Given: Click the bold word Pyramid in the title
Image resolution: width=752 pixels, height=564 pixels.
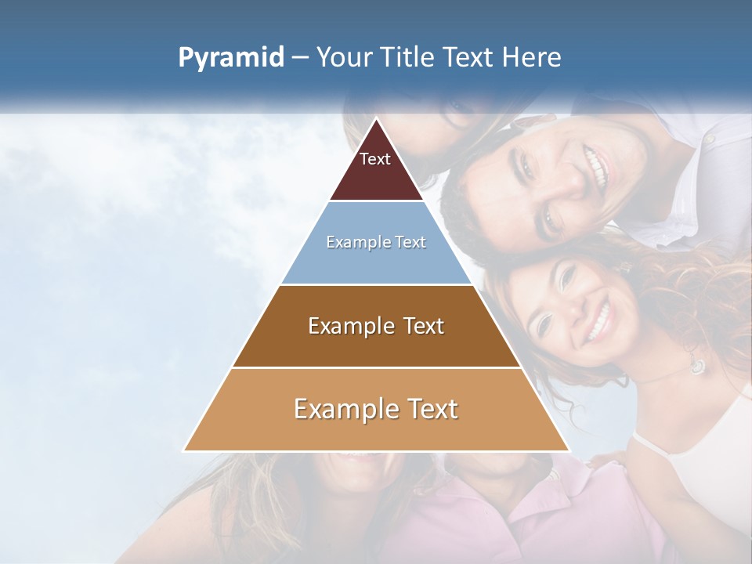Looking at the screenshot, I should click(x=230, y=57).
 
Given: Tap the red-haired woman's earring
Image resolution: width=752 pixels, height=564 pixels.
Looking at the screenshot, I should click(x=696, y=364).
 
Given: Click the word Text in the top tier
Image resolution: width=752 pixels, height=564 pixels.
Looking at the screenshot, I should click(x=375, y=159).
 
